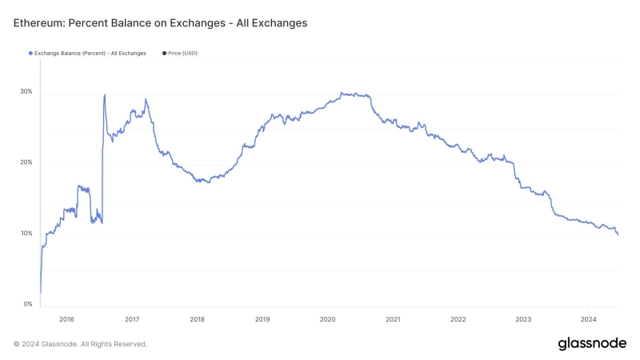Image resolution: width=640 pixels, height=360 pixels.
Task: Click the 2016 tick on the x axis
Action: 66,318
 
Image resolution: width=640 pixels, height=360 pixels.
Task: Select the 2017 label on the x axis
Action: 132,318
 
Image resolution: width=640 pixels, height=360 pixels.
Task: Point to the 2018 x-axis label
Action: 197,318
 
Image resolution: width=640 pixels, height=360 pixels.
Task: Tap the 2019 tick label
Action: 262,318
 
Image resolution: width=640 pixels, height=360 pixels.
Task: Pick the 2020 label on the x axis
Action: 327,318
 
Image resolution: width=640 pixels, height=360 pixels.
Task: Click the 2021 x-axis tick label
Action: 393,318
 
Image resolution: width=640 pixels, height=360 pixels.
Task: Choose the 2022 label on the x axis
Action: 458,318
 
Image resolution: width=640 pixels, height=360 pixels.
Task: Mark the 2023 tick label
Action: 523,318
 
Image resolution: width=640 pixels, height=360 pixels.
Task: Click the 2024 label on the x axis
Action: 588,318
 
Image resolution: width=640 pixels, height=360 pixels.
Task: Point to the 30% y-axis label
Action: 26,92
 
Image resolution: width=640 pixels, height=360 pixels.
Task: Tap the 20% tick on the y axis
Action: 26,162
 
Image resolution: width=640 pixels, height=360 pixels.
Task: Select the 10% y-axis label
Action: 26,234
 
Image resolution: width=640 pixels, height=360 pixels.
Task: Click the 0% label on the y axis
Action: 28,304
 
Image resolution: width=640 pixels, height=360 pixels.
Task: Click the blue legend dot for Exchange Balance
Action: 30,54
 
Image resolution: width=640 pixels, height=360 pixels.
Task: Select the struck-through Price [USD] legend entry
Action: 182,54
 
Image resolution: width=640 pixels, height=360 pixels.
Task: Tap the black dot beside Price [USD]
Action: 164,54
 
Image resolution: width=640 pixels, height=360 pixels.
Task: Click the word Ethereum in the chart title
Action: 38,23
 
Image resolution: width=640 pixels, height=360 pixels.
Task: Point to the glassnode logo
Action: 592,343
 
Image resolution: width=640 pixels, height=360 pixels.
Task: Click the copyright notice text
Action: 80,344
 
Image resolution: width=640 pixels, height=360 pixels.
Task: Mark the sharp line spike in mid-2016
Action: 105,95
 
